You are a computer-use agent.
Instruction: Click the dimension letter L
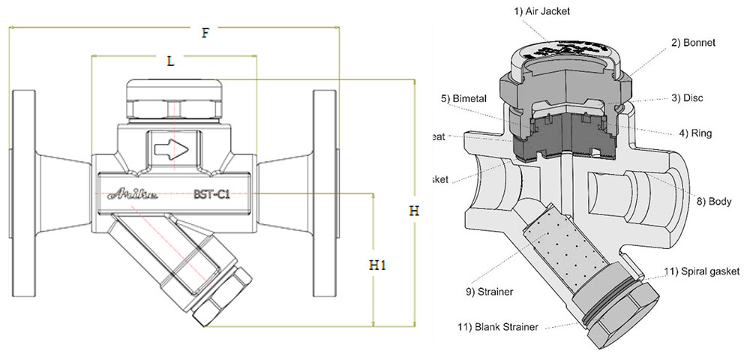tap(170, 62)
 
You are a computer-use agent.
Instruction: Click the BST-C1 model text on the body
tap(212, 193)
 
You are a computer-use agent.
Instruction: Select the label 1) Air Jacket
tap(542, 11)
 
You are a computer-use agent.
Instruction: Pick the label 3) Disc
tap(686, 97)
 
